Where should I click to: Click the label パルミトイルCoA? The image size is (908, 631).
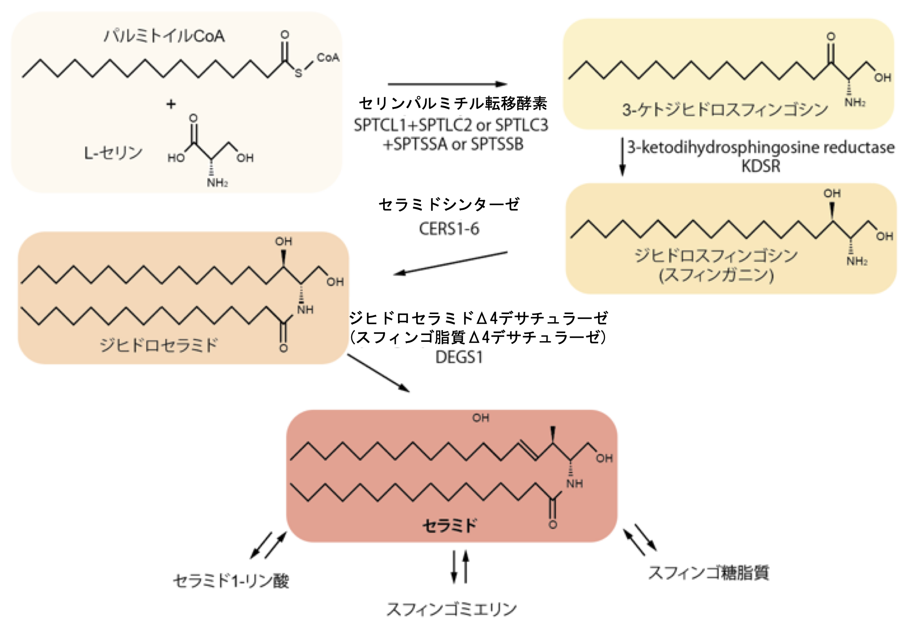[x=164, y=36]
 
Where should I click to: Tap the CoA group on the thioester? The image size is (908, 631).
[x=328, y=58]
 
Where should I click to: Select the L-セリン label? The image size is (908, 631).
[x=113, y=153]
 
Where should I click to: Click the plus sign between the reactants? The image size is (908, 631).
[x=171, y=104]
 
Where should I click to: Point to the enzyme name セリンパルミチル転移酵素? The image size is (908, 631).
[x=452, y=104]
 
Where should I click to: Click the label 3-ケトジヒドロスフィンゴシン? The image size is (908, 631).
[x=725, y=109]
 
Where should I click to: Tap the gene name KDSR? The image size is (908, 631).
[x=761, y=166]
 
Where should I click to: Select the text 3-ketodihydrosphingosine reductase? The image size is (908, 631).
[x=761, y=147]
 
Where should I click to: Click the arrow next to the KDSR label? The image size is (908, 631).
[x=622, y=156]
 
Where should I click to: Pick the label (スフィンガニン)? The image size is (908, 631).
[x=716, y=275]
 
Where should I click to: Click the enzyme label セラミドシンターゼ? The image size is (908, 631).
[x=449, y=205]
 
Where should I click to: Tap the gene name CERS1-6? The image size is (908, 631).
[x=449, y=229]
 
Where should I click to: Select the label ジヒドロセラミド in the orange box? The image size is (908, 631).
[x=158, y=345]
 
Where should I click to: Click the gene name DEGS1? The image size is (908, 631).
[x=459, y=357]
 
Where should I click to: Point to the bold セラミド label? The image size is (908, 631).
[x=450, y=526]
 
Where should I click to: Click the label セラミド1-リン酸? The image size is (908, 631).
[x=231, y=581]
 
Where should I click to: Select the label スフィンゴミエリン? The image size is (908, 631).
[x=451, y=610]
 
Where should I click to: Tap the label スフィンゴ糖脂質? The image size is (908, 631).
[x=708, y=573]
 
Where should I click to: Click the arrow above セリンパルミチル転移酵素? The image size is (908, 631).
[x=447, y=84]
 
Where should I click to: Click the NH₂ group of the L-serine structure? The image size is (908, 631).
[x=217, y=183]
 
